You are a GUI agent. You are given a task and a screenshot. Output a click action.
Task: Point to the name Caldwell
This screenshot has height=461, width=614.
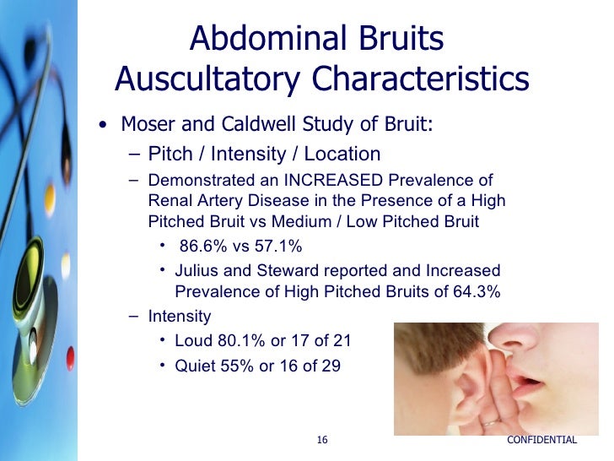[253, 124]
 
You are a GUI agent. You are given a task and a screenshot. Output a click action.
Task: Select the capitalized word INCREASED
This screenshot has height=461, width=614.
[331, 182]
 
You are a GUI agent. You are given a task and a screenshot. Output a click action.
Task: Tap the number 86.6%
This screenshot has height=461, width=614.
[207, 247]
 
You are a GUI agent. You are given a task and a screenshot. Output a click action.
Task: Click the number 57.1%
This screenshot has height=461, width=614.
[274, 247]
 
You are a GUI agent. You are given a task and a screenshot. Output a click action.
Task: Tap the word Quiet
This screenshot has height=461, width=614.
[196, 366]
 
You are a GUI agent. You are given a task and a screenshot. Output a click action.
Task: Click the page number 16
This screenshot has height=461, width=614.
[322, 440]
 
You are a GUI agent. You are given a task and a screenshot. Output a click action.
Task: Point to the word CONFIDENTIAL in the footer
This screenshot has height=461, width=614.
[542, 440]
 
